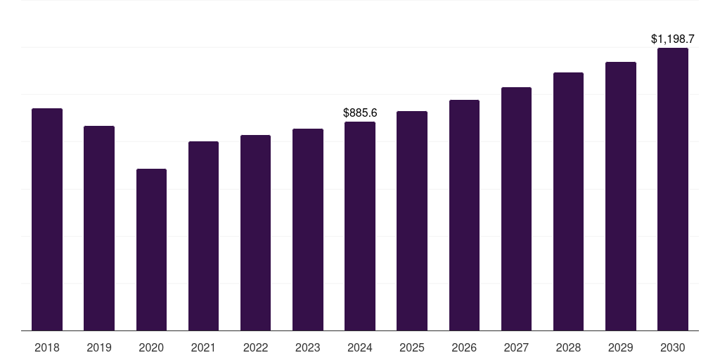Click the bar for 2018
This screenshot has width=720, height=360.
pyautogui.click(x=47, y=219)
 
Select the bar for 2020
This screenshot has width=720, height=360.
pyautogui.click(x=151, y=250)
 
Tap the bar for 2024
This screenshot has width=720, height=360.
pyautogui.click(x=360, y=226)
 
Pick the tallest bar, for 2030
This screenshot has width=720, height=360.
pyautogui.click(x=673, y=189)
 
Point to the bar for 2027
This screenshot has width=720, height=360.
pyautogui.click(x=516, y=209)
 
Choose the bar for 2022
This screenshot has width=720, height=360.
pyautogui.click(x=255, y=233)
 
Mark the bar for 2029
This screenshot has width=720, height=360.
pyautogui.click(x=621, y=196)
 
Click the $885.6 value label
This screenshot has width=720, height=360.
pyautogui.click(x=360, y=112)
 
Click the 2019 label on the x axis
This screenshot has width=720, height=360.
pyautogui.click(x=99, y=347)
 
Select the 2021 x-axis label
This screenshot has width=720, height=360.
pyautogui.click(x=203, y=347)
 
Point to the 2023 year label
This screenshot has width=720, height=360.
pyautogui.click(x=307, y=347)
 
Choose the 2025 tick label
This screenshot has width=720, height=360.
pyautogui.click(x=412, y=347)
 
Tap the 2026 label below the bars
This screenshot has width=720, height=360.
pyautogui.click(x=464, y=347)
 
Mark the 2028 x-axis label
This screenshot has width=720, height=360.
pyautogui.click(x=568, y=347)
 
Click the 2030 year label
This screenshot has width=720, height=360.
pyautogui.click(x=673, y=347)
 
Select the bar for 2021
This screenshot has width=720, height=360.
pyautogui.click(x=203, y=236)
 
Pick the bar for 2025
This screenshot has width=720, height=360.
pyautogui.click(x=412, y=221)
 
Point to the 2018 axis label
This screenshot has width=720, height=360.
pyautogui.click(x=47, y=347)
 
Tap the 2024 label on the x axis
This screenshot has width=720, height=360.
pyautogui.click(x=360, y=347)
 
